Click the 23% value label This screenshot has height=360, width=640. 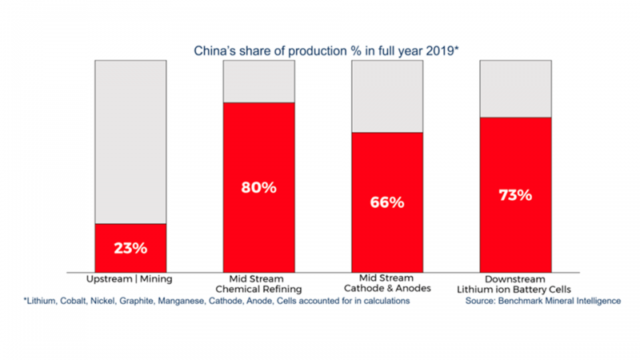point(130,248)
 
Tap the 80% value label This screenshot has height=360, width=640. point(258,188)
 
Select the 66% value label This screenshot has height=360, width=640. point(387,202)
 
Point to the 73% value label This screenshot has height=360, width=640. point(515,195)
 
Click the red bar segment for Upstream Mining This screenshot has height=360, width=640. point(130,260)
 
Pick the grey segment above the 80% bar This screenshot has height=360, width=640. point(258,81)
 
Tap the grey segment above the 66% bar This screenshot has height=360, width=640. point(387,96)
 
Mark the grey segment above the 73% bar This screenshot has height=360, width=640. point(515,88)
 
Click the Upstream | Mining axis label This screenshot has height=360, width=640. point(130,279)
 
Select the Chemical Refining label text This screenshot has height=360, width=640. point(258,289)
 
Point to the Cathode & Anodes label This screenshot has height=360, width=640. point(387,289)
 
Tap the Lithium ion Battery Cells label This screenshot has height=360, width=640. point(515,289)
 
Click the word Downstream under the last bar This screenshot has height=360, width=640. point(515,279)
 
